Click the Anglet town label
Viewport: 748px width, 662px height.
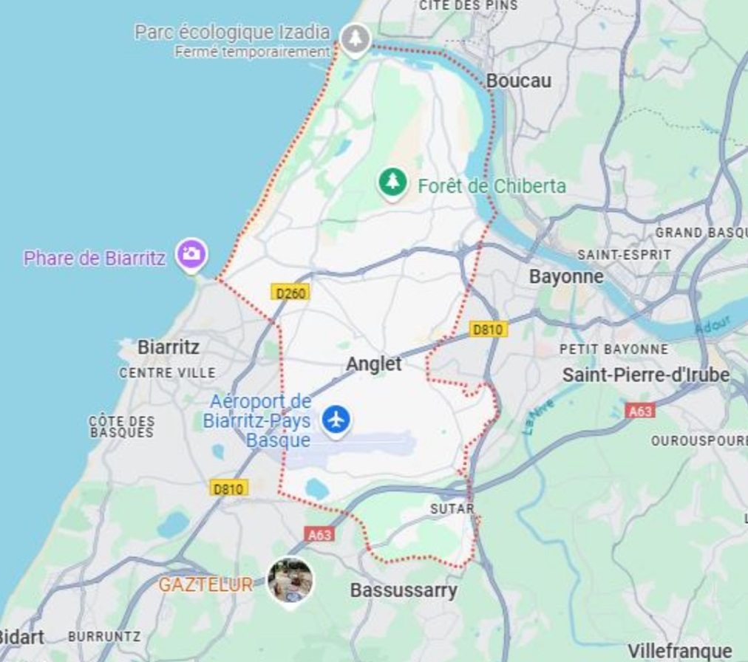click(x=374, y=364)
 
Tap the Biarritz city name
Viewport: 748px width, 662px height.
click(x=169, y=347)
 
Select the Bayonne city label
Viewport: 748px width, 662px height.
click(x=566, y=277)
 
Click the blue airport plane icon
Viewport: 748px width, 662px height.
click(x=336, y=420)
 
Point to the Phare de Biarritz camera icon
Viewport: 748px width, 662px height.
click(x=191, y=254)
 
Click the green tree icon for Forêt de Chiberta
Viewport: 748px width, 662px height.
click(x=392, y=181)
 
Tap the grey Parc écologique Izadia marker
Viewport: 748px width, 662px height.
click(x=356, y=36)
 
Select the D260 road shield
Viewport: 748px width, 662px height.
click(x=290, y=293)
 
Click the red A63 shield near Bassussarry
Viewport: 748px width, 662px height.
click(x=319, y=533)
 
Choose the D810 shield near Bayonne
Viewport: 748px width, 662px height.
click(x=489, y=330)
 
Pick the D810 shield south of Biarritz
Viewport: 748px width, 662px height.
click(x=229, y=488)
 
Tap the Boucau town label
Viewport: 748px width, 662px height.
click(x=519, y=81)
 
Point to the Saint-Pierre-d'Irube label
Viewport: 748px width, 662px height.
click(x=646, y=375)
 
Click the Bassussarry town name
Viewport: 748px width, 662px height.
click(x=404, y=590)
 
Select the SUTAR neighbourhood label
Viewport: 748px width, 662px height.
click(x=452, y=509)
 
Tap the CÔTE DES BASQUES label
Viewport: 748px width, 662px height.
click(x=122, y=426)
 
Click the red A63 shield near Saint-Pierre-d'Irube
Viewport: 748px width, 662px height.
click(x=639, y=411)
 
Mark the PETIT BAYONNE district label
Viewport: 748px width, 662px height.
click(x=613, y=349)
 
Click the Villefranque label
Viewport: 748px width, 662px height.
click(x=680, y=651)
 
